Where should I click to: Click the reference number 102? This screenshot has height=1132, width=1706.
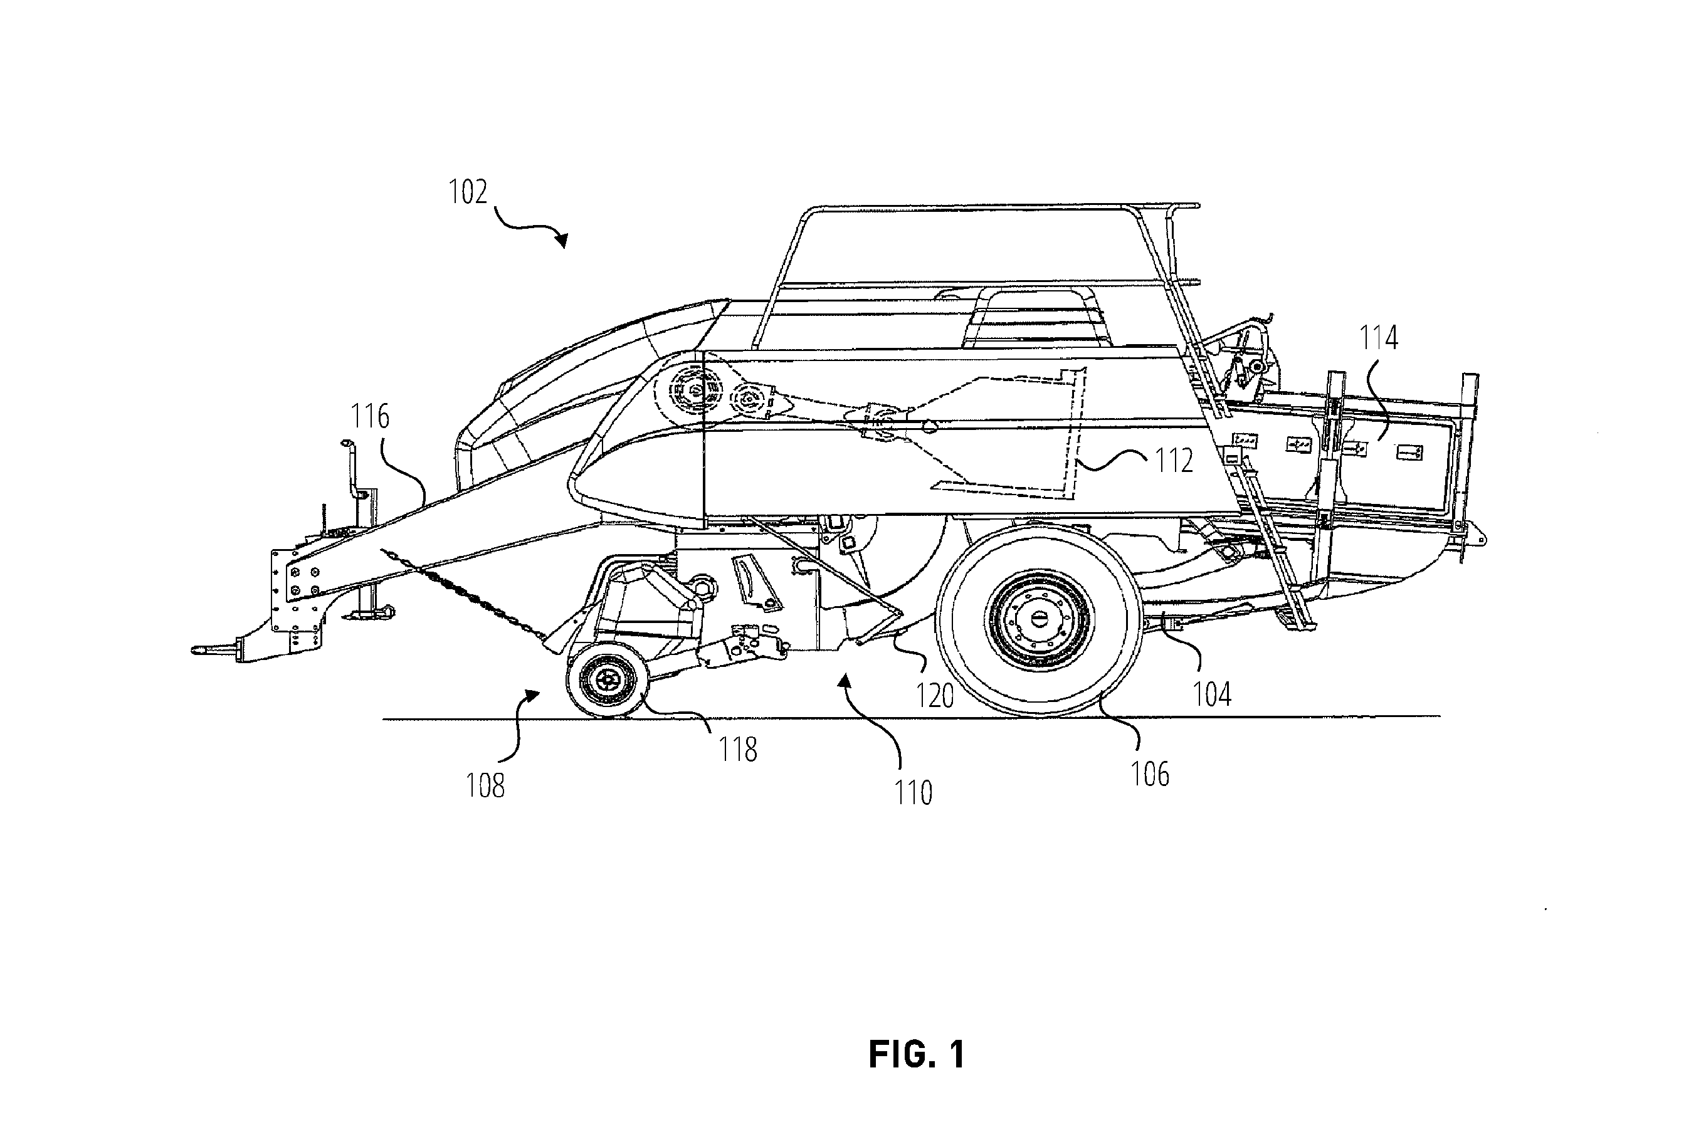[x=468, y=192]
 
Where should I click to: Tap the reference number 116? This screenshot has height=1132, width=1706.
[x=370, y=417]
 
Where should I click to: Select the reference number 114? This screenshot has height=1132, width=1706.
[x=1379, y=338]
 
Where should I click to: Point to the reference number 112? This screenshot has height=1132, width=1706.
[x=1174, y=461]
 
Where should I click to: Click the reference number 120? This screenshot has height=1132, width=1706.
[x=935, y=696]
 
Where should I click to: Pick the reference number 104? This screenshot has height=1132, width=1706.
[x=1211, y=694]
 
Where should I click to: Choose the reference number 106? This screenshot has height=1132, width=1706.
[x=1149, y=775]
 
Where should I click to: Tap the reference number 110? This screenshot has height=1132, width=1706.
[x=914, y=794]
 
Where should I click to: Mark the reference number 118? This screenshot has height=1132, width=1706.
[x=738, y=750]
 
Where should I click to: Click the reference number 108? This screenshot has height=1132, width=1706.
[x=485, y=786]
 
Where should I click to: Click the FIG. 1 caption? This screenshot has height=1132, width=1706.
[x=917, y=1055]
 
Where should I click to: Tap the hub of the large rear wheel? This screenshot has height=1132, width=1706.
[x=1040, y=619]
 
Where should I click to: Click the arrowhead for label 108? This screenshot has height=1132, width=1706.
[x=532, y=694]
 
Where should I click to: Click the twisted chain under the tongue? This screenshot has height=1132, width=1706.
[x=462, y=592]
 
